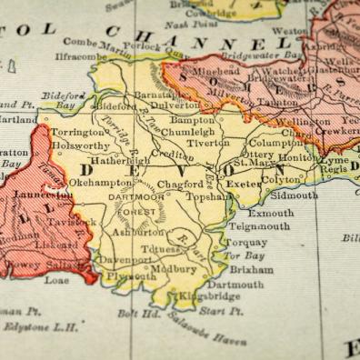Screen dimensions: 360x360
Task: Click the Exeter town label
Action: [x=245, y=184]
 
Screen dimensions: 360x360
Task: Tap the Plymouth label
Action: [x=131, y=277]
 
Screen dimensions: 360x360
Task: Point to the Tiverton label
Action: [x=207, y=142]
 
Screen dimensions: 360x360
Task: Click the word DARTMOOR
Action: [x=135, y=196]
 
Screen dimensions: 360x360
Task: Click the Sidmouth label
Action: [x=294, y=195]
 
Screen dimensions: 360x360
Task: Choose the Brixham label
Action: [x=251, y=271]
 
